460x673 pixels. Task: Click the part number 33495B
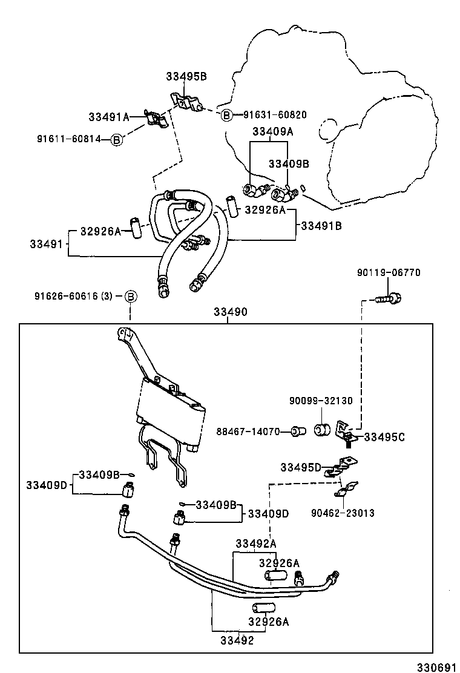186,76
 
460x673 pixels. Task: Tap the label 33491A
109,117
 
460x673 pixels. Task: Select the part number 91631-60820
275,114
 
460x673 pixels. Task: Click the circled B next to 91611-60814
116,139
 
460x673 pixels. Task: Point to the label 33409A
272,131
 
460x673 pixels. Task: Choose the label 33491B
321,226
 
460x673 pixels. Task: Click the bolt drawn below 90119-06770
389,298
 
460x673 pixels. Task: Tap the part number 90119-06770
389,272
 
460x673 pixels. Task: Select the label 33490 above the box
231,312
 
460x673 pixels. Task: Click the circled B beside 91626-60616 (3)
131,296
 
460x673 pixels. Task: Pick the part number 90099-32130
321,401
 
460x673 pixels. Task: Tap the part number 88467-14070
248,432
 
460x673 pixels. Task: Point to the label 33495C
384,437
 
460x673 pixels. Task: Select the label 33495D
301,467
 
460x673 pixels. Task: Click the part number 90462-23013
343,513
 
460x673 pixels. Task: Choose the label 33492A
256,544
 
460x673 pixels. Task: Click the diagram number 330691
436,668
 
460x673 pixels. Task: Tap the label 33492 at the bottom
237,640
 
